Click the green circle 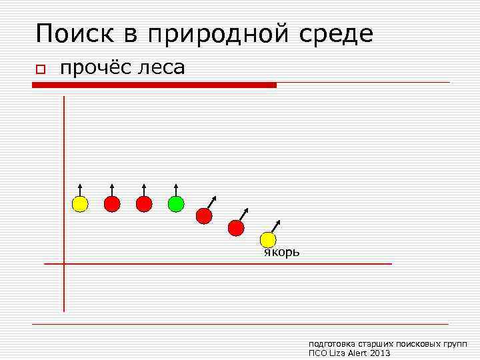tap(176, 204)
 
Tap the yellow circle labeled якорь tap(268, 239)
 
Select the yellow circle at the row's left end tap(80, 204)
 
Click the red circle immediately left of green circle tap(144, 204)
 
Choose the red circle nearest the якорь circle tap(236, 228)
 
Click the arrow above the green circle tap(176, 189)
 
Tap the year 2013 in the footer tap(379, 353)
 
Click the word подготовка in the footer tap(329, 343)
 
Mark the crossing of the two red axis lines tap(64, 264)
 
